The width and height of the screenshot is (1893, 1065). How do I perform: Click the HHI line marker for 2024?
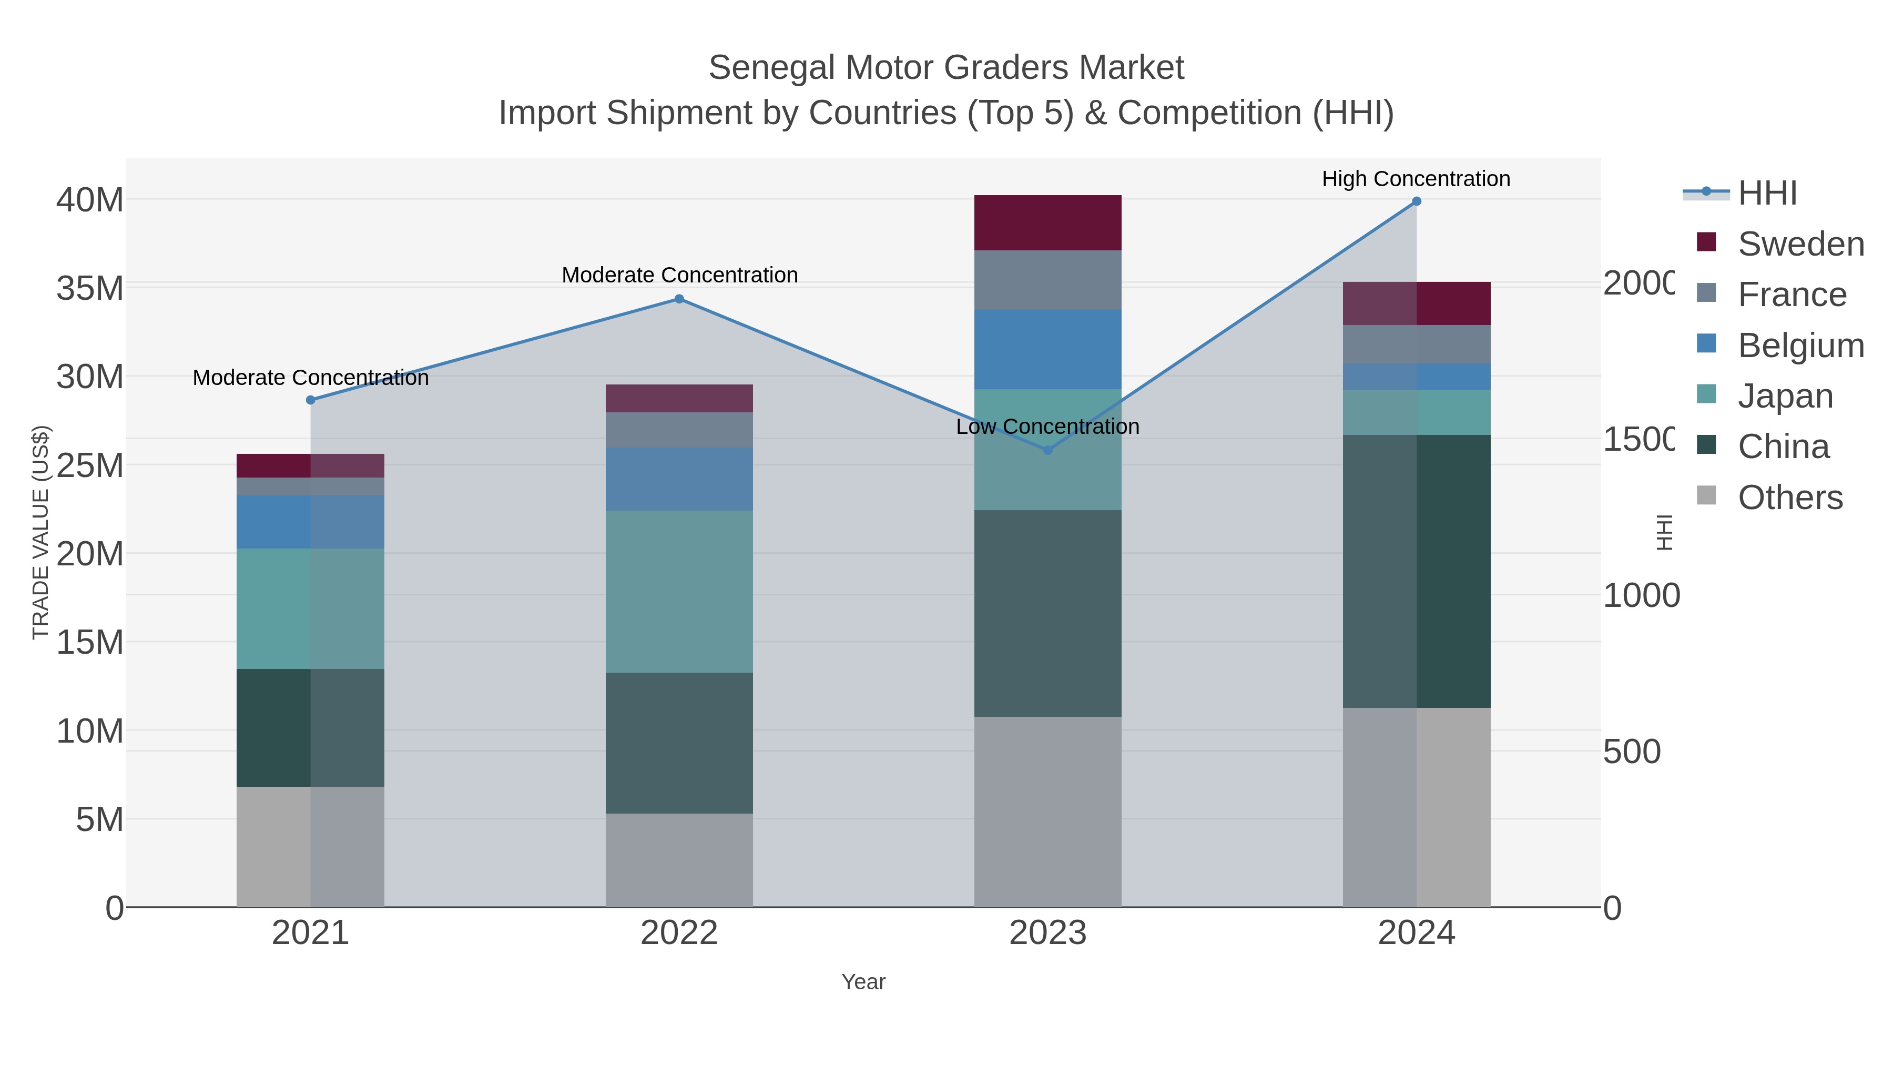tap(1416, 201)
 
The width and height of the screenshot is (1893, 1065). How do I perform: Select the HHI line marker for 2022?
tap(679, 299)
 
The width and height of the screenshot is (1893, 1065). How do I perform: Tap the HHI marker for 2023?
tap(1048, 450)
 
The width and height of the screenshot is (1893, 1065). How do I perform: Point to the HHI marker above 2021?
tap(311, 400)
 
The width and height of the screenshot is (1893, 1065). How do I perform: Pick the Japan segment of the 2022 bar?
tap(679, 592)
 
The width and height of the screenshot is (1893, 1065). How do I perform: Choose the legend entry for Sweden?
tap(1800, 244)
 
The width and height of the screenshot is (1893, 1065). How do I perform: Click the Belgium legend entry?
tap(1800, 346)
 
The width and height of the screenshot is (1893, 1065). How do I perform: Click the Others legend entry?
tap(1790, 498)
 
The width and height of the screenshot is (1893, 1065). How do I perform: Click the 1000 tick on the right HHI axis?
tap(1640, 596)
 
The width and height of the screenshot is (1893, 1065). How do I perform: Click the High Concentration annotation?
tap(1416, 179)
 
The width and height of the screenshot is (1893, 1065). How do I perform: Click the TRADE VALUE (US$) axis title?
tap(40, 532)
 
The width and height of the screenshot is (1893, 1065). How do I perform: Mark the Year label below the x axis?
tap(863, 982)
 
